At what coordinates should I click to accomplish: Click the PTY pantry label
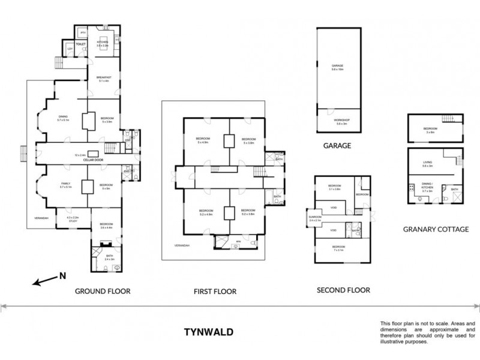pyautogui.click(x=83, y=32)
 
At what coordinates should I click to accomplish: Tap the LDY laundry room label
pyautogui.click(x=70, y=49)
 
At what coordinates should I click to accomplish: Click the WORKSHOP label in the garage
pyautogui.click(x=341, y=120)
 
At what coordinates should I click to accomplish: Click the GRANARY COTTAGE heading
pyautogui.click(x=435, y=229)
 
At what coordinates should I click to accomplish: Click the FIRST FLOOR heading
pyautogui.click(x=214, y=292)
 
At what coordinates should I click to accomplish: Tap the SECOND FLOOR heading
pyautogui.click(x=343, y=290)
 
